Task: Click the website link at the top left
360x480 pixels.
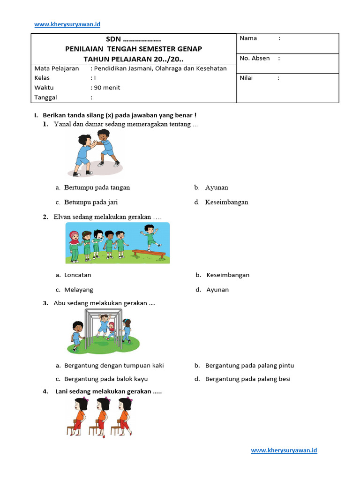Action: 67,24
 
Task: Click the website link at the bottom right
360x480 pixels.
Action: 284,450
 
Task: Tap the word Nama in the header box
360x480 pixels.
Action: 248,38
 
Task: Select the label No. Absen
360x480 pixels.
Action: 255,59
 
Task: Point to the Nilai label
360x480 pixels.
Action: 246,78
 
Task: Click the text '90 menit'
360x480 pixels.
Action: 107,88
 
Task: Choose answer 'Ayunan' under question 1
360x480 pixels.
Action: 217,187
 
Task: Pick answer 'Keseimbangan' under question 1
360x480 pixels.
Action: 226,202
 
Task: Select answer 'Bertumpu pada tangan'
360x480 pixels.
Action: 97,187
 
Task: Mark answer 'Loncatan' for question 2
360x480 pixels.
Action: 78,275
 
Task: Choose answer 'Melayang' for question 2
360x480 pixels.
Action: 79,290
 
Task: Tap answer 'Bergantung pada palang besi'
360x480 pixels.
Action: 248,379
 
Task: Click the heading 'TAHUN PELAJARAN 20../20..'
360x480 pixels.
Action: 134,59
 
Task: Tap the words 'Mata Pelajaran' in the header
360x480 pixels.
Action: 57,68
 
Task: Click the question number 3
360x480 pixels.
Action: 45,303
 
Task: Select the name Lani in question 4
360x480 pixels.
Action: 63,391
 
